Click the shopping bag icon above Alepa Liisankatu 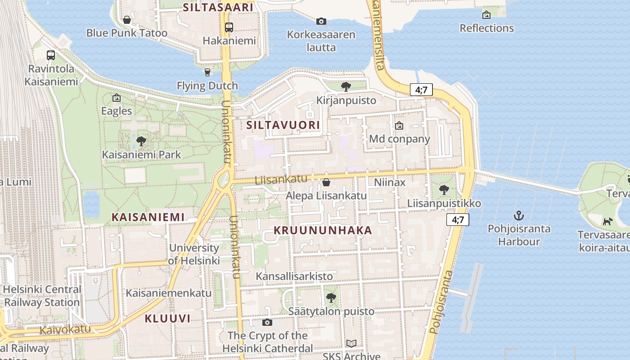pyautogui.click(x=326, y=182)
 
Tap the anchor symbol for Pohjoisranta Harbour pyautogui.click(x=519, y=216)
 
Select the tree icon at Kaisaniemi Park pyautogui.click(x=141, y=142)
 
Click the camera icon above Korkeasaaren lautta pyautogui.click(x=321, y=21)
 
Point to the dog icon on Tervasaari pyautogui.click(x=608, y=221)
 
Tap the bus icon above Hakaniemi pyautogui.click(x=229, y=27)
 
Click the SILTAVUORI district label pyautogui.click(x=283, y=125)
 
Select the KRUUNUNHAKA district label pyautogui.click(x=323, y=230)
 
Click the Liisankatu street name pyautogui.click(x=281, y=180)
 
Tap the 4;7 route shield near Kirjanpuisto pyautogui.click(x=421, y=90)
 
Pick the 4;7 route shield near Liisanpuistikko pyautogui.click(x=458, y=220)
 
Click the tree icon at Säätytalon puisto pyautogui.click(x=331, y=297)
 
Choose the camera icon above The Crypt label pyautogui.click(x=267, y=322)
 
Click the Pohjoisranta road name pyautogui.click(x=441, y=301)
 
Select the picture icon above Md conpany pyautogui.click(x=399, y=126)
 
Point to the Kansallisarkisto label pyautogui.click(x=294, y=276)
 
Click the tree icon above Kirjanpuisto pyautogui.click(x=346, y=86)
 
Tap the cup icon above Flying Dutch pyautogui.click(x=207, y=72)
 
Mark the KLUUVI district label pyautogui.click(x=167, y=319)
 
